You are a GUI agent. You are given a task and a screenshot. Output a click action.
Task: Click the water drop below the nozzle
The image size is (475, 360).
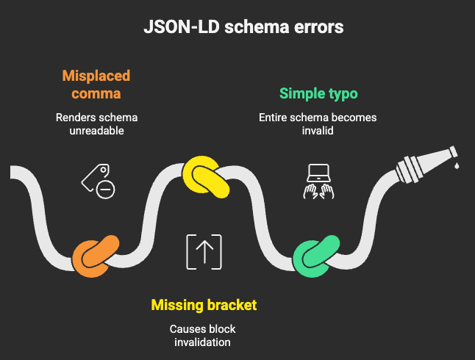(x=457, y=167)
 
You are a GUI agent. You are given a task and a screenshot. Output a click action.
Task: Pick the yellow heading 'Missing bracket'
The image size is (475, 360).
(x=204, y=304)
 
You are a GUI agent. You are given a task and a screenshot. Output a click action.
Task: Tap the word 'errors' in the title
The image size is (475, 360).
(x=317, y=28)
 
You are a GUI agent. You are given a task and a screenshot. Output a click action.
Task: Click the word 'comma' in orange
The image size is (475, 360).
(x=96, y=93)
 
